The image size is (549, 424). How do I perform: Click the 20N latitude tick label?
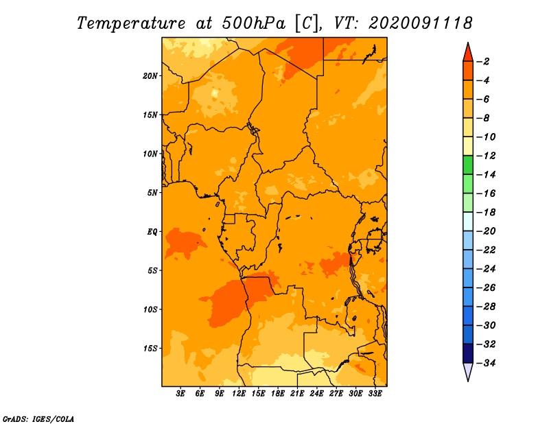(150, 76)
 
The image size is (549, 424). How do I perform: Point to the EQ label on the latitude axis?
(152, 232)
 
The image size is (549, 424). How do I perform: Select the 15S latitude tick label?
(150, 349)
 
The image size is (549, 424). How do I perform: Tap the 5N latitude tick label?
(152, 193)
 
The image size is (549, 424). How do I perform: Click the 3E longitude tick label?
(180, 394)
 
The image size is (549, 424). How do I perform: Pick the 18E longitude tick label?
(278, 394)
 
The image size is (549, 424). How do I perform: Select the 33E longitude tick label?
(375, 394)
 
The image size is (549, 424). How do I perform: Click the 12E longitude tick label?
(239, 394)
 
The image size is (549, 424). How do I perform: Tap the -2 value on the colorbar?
(483, 62)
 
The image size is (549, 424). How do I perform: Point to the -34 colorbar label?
(486, 363)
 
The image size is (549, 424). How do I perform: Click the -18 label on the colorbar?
(486, 213)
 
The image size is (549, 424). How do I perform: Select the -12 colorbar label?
(486, 156)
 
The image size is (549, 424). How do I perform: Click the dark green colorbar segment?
(468, 165)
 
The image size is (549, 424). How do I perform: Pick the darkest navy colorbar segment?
(468, 353)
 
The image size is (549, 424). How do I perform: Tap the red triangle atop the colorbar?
(468, 53)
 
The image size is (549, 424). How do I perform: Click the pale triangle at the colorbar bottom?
(468, 372)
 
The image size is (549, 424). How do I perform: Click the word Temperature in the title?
(131, 23)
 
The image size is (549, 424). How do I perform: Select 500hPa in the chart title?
(254, 23)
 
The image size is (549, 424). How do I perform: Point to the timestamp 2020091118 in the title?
(421, 23)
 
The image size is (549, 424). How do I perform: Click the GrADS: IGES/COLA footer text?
(38, 419)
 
